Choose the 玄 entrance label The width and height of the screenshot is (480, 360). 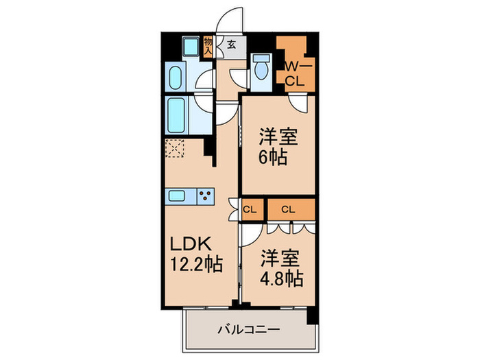coord(232,45)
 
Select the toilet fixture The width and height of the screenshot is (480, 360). coord(261,70)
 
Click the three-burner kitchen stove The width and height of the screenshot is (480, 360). coord(204,196)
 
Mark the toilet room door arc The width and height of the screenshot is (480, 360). coord(237,77)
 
